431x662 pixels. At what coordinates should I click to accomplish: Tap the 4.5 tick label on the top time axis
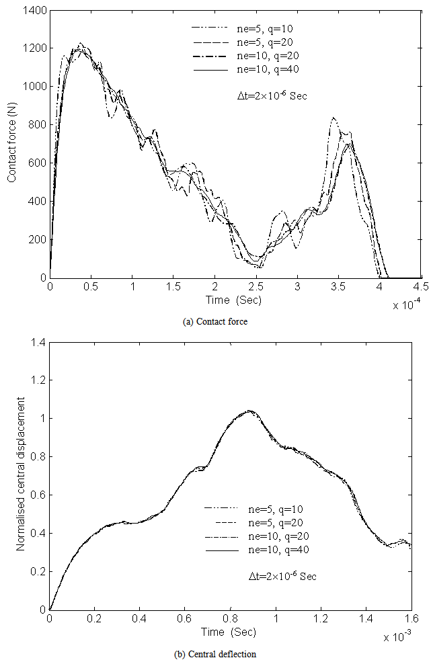tap(421, 286)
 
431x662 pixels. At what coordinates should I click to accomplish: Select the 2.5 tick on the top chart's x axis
tap(256, 286)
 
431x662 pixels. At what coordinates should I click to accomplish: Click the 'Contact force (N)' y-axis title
tap(12, 144)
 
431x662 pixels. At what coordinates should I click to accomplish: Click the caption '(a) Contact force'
tap(215, 322)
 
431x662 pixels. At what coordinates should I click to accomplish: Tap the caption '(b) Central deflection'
tap(215, 654)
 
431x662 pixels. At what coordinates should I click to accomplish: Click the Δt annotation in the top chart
tap(268, 96)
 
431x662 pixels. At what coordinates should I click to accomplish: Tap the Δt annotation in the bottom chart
tap(278, 576)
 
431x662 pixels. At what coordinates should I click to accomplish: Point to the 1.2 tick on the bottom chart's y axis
tap(36, 380)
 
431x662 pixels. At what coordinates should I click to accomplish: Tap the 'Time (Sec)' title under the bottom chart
tap(228, 632)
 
